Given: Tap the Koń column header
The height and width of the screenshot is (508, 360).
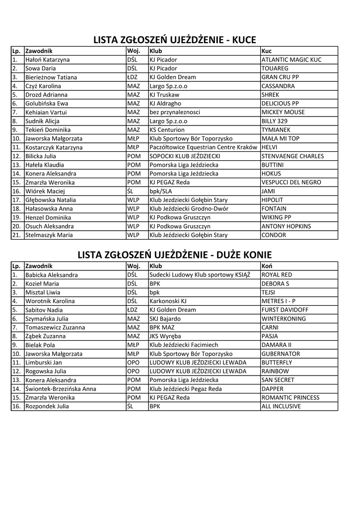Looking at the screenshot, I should coord(267,266).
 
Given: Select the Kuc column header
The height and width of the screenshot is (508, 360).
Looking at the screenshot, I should coord(266,51).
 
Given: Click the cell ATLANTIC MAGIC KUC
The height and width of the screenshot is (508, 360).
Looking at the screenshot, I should coord(291,60).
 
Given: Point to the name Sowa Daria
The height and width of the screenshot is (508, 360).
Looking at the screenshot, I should coord(40,68).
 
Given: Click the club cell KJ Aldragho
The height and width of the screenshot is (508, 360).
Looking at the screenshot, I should coord(165,104).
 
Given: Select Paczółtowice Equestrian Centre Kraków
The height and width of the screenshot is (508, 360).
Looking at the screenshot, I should coord(203,147).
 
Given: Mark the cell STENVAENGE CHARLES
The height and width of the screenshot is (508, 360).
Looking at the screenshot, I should coord(292,156).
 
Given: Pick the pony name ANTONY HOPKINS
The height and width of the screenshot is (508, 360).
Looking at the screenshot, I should coord(286,226).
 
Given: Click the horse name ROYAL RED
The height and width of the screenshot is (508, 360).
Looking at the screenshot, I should coord(277,275).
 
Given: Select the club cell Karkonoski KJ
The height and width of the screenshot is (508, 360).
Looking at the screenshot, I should coord(168,301).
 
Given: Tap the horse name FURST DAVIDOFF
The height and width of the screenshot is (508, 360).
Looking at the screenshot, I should coord(285,310).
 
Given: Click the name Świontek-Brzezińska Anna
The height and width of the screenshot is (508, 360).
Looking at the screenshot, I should coord(61,389).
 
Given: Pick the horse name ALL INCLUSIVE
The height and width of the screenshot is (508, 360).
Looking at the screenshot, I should coord(281,406).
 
